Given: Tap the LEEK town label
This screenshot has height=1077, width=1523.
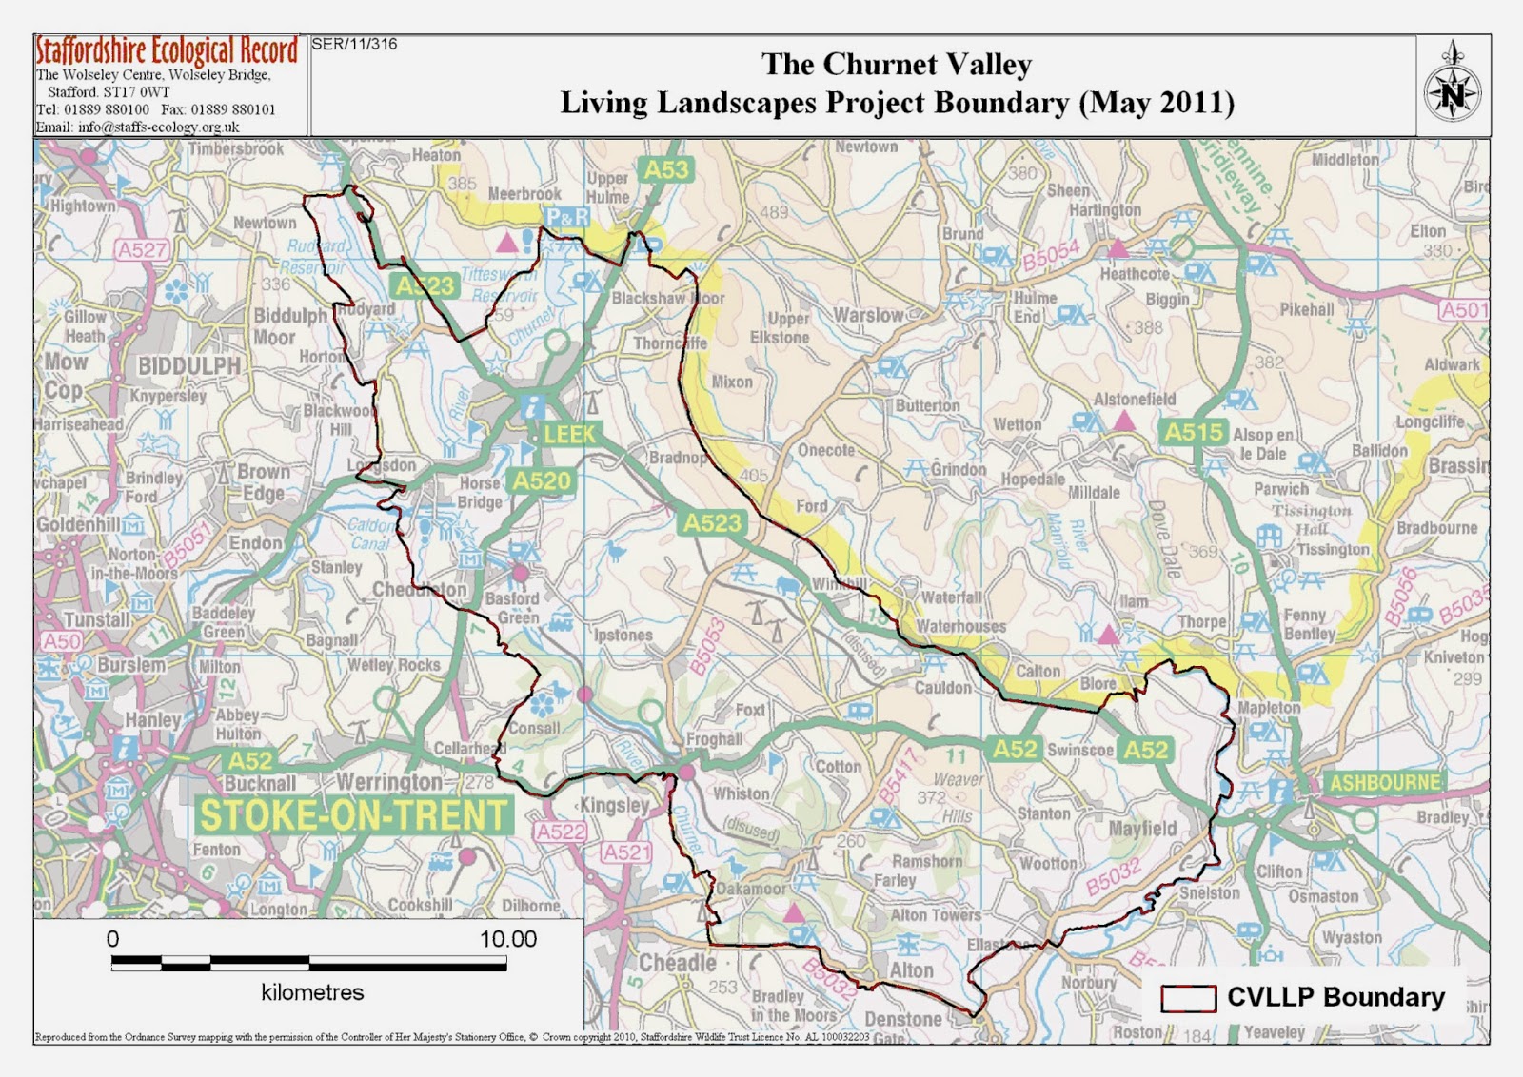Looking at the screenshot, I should point(569,435).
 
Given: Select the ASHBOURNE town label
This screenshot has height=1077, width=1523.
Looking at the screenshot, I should point(1384,783).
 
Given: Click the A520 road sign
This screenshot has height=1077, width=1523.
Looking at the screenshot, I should point(543,481).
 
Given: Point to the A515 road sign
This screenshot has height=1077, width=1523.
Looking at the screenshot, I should point(1194,432).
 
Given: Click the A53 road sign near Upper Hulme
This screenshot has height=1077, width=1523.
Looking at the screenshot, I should point(665,170).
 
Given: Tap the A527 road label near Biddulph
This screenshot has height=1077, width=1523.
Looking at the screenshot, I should point(143,250).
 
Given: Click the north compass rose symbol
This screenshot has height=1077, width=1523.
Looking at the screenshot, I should point(1453,92).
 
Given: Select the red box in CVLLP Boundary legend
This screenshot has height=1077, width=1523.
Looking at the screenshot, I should point(1188,998).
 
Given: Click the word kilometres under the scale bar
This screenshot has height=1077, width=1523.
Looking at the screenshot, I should point(312,992).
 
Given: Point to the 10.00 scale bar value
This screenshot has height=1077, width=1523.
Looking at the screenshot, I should point(507,939).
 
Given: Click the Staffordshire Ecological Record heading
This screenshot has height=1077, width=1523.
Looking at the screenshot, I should point(168,51).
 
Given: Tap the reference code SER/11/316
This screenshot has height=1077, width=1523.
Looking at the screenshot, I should point(355,44).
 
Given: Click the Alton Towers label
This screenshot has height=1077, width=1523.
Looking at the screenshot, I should point(935,914).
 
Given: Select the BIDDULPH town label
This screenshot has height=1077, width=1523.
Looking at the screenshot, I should point(189,366).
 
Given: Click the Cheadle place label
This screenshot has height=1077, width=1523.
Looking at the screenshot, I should point(677,962).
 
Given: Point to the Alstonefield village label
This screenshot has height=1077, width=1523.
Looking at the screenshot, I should point(1135,400).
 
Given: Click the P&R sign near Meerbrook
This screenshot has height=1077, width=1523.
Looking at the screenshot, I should point(567,218).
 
